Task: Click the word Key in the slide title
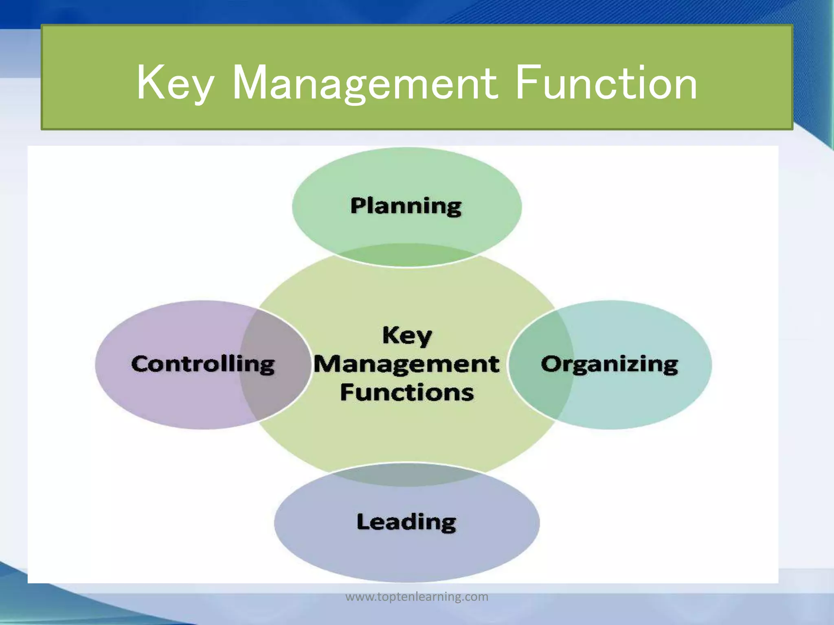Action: pyautogui.click(x=175, y=83)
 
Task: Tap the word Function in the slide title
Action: pyautogui.click(x=606, y=83)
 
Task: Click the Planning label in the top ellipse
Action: pyautogui.click(x=406, y=206)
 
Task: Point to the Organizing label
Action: pyautogui.click(x=609, y=364)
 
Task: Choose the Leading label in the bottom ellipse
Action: pyautogui.click(x=406, y=522)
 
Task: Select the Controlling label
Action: pyautogui.click(x=203, y=364)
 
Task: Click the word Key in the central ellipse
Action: pyautogui.click(x=407, y=337)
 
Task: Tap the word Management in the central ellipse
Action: pyautogui.click(x=406, y=364)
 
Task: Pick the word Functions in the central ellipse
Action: pyautogui.click(x=407, y=393)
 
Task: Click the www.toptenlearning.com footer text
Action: pyautogui.click(x=417, y=597)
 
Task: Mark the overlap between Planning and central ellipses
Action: pyautogui.click(x=406, y=256)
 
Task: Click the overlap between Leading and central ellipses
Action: pyautogui.click(x=406, y=474)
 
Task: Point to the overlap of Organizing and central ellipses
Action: pyautogui.click(x=541, y=364)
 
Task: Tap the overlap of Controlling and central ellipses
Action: pyautogui.click(x=274, y=364)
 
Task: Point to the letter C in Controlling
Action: pyautogui.click(x=141, y=364)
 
